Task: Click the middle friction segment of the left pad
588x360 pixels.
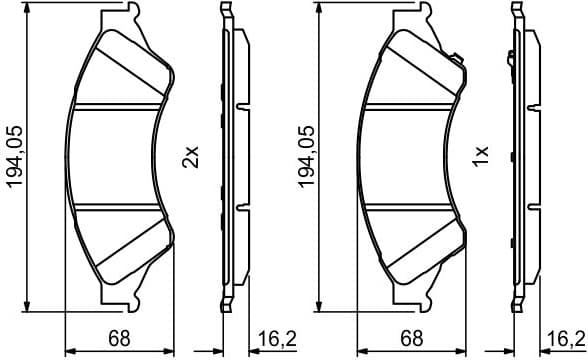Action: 120,155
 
